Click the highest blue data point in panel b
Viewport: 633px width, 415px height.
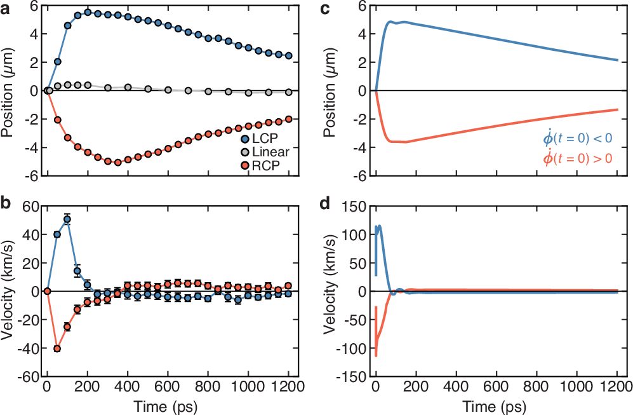[x=67, y=219]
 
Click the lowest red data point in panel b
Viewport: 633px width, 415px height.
[x=57, y=348]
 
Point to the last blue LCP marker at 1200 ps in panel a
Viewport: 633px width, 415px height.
[x=288, y=56]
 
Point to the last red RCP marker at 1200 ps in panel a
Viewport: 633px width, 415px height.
[x=288, y=119]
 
